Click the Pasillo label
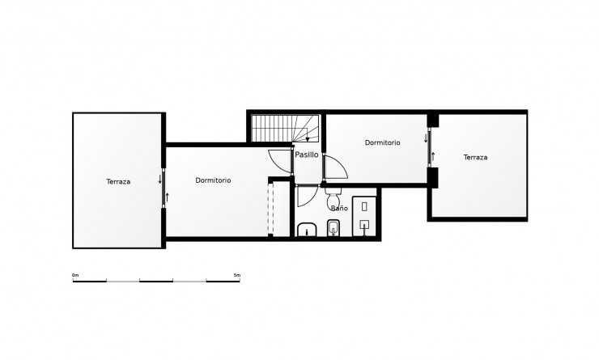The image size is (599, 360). [x=306, y=155]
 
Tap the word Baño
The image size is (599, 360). [x=339, y=208]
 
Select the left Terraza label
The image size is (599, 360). [x=118, y=181]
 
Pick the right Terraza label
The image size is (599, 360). [x=475, y=157]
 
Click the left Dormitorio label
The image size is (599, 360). [x=213, y=180]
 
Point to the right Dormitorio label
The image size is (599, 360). [x=382, y=142]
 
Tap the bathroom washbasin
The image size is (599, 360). [x=307, y=231]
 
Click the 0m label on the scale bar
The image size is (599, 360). [x=75, y=276]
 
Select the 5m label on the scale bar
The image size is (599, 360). [x=236, y=276]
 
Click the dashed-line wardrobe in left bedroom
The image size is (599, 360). [x=271, y=209]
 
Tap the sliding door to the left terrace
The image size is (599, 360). [x=164, y=187]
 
